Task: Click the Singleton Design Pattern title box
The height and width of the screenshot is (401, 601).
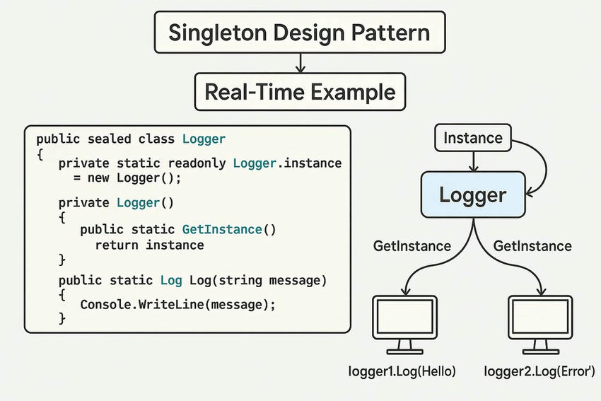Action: point(300,33)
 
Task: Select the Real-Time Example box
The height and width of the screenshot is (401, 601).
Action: point(300,91)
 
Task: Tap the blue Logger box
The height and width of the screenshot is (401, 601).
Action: point(472,194)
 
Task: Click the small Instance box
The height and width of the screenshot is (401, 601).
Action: point(472,139)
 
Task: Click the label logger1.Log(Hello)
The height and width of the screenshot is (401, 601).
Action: point(402,371)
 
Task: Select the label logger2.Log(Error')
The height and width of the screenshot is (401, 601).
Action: point(540,371)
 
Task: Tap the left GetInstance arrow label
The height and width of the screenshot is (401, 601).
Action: point(412,246)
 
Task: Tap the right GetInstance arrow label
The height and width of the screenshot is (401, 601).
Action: point(532,246)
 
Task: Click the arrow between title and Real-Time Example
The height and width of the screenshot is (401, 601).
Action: point(300,64)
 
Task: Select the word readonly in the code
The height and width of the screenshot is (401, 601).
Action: point(197,163)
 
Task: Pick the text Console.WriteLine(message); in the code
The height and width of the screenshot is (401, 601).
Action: point(177,304)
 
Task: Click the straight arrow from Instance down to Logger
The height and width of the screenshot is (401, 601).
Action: point(472,162)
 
